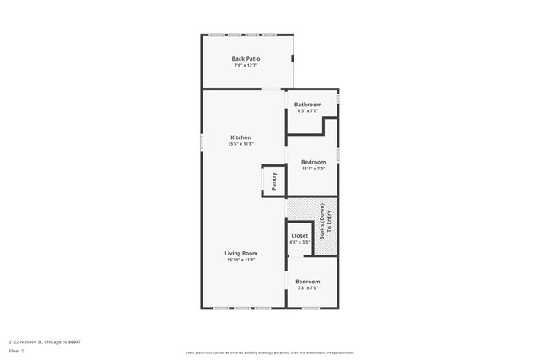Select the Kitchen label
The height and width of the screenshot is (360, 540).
coord(240,137)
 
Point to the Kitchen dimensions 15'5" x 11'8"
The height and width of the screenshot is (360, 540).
coord(240,143)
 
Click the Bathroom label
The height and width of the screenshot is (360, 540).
coord(307,105)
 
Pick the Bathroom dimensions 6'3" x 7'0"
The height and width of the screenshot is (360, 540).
coord(307,110)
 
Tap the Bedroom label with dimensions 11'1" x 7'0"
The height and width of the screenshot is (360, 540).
coord(314,162)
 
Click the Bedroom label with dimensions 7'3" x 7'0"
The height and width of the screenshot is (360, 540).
coord(307,282)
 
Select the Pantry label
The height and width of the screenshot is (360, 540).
coord(273,180)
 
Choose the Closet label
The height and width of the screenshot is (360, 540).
coord(300,236)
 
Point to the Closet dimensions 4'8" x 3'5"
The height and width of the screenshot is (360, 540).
coord(300,242)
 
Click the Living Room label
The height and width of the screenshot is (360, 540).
coord(240,254)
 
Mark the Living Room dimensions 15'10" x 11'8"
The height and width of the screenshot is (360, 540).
coord(240,260)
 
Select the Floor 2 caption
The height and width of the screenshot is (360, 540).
coord(15,350)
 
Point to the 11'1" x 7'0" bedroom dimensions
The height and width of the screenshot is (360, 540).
coord(314,168)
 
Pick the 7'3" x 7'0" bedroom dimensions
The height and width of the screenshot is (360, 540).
coord(307,287)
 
